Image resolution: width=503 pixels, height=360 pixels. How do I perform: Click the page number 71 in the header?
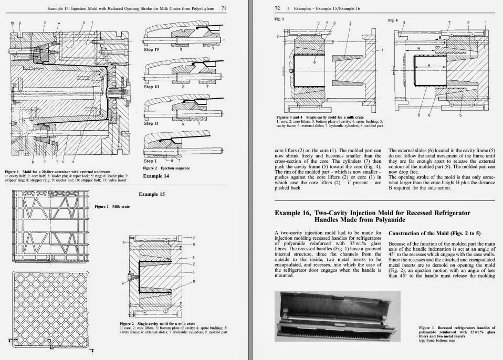pyautogui.click(x=224, y=8)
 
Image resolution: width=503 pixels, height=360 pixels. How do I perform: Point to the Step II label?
pyautogui.click(x=152, y=123)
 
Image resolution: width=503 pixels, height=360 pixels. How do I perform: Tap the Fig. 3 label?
pyautogui.click(x=279, y=19)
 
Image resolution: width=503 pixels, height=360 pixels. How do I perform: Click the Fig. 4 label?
pyautogui.click(x=393, y=20)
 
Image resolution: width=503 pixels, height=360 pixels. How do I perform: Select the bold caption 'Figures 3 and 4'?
pyautogui.click(x=290, y=117)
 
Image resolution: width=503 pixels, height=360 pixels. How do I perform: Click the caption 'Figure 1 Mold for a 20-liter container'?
pyautogui.click(x=47, y=172)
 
